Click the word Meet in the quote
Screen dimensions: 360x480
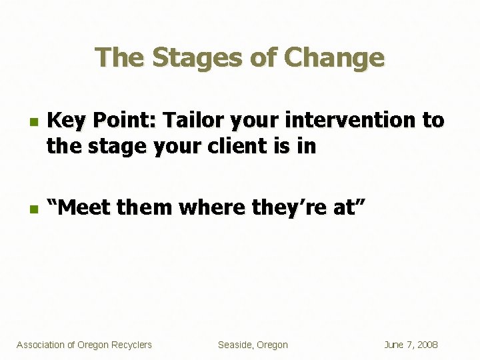(85, 208)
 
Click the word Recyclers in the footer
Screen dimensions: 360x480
(131, 345)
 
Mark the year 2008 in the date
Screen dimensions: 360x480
(427, 345)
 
